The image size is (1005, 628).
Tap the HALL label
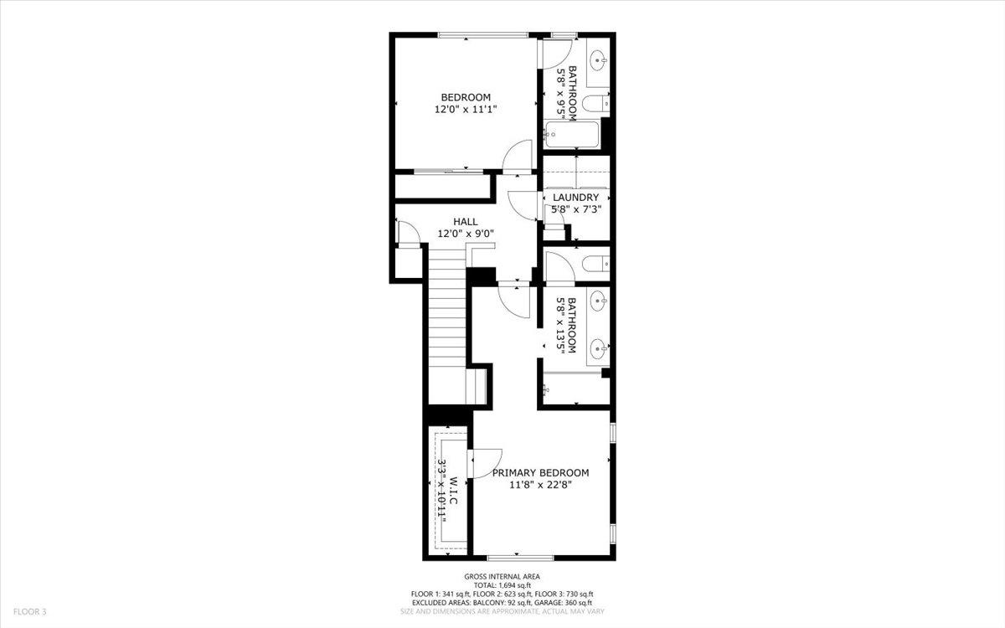click(466, 222)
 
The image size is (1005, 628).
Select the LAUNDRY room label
click(575, 198)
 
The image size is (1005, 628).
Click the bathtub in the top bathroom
click(572, 135)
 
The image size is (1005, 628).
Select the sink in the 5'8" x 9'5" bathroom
click(598, 60)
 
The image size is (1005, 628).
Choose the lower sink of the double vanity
click(598, 346)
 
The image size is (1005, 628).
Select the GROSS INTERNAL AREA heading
click(502, 577)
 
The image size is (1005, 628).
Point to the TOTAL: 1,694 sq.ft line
click(502, 585)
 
